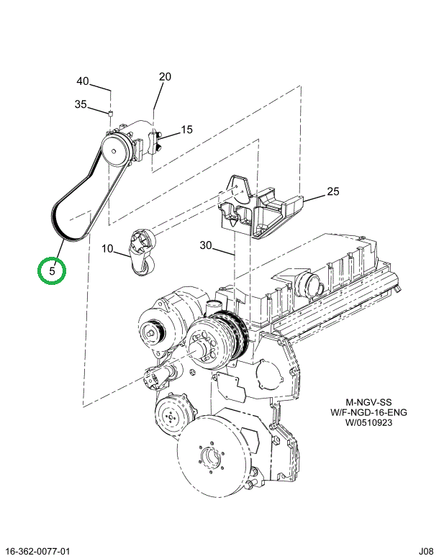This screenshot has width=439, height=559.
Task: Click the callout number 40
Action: click(x=83, y=81)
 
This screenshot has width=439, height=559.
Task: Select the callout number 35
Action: click(x=81, y=104)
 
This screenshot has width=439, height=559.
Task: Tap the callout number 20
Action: click(x=165, y=77)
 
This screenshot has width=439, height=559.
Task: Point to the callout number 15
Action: click(x=186, y=130)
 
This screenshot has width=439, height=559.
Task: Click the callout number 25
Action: click(x=332, y=191)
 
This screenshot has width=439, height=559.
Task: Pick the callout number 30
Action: click(x=206, y=245)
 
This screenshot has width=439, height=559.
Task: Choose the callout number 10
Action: click(x=107, y=250)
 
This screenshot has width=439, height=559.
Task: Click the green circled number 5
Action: click(x=53, y=271)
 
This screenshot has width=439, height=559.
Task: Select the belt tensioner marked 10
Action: click(x=140, y=252)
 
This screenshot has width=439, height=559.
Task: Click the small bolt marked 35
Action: click(x=110, y=113)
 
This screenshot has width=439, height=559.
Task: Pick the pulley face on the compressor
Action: click(x=114, y=150)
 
